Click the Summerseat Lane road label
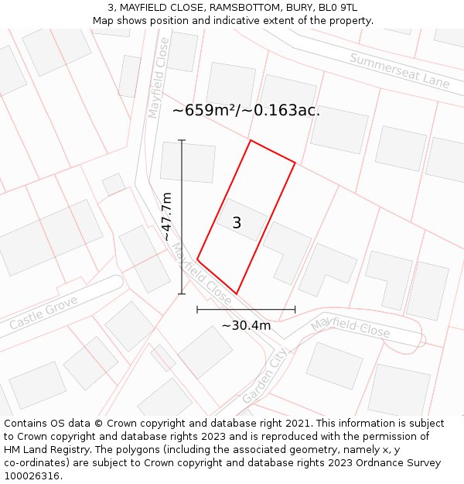pyautogui.click(x=399, y=70)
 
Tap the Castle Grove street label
pyautogui.click(x=44, y=313)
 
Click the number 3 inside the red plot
pyautogui.click(x=237, y=223)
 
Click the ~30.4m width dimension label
pyautogui.click(x=246, y=325)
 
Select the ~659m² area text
pyautogui.click(x=204, y=110)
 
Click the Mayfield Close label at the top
pyautogui.click(x=159, y=78)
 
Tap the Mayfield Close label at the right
pyautogui.click(x=350, y=326)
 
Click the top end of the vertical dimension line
pyautogui.click(x=182, y=140)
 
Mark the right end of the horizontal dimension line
pyautogui.click(x=295, y=309)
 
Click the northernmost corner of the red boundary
pyautogui.click(x=250, y=140)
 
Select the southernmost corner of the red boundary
pyautogui.click(x=236, y=294)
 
